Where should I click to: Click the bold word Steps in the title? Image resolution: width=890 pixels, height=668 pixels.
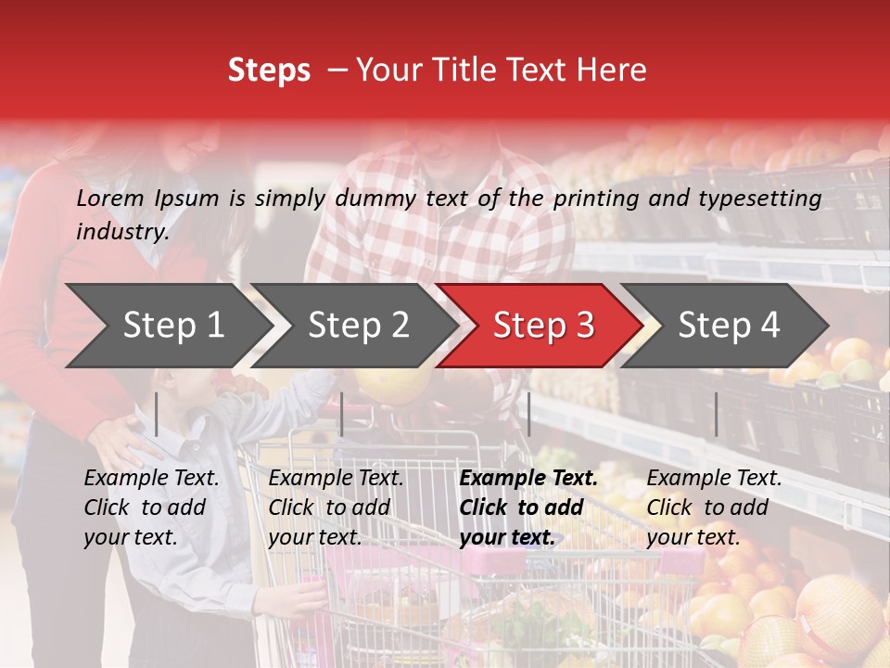click(269, 71)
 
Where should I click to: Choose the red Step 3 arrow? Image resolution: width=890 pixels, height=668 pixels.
click(543, 325)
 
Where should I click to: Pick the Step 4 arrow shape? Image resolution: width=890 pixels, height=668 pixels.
click(729, 325)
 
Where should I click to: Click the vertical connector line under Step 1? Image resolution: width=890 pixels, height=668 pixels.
click(157, 414)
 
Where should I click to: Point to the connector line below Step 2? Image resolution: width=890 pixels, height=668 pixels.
click(342, 414)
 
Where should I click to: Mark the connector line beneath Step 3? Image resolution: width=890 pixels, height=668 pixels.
click(528, 414)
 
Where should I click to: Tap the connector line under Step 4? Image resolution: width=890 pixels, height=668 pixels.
click(716, 414)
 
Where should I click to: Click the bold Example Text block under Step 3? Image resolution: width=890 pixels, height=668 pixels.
click(528, 507)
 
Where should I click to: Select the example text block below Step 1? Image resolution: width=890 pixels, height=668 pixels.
click(151, 507)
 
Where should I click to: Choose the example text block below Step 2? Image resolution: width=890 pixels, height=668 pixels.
click(336, 507)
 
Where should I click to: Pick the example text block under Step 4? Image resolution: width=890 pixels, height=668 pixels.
click(714, 507)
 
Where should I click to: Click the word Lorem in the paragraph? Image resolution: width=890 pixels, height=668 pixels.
click(109, 198)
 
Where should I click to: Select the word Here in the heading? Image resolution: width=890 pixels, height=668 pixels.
click(616, 71)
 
